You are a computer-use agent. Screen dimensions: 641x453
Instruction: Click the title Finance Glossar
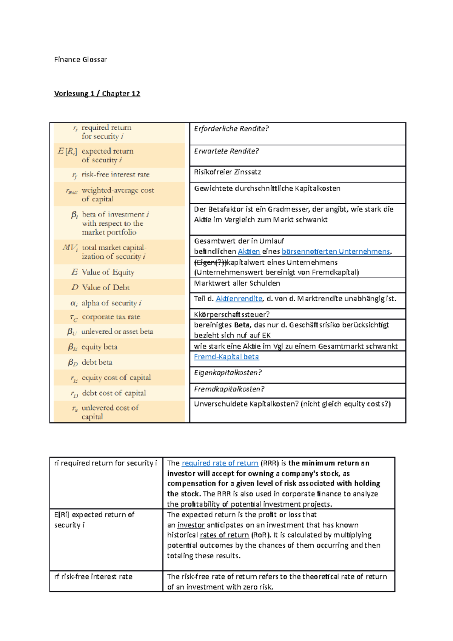(80, 60)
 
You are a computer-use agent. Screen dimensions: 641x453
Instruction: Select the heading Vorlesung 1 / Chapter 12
(97, 94)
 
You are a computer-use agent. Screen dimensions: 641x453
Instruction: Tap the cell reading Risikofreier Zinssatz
(228, 172)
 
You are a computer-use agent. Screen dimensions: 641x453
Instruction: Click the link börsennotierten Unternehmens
(336, 251)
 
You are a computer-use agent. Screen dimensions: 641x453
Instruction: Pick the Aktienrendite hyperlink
(239, 299)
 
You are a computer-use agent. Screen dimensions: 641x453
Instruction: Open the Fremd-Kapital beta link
(226, 357)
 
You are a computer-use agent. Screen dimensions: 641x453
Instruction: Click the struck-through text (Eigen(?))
(210, 262)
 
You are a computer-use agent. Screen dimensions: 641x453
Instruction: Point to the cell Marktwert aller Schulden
(237, 283)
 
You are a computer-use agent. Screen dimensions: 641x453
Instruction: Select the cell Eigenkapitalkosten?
(228, 373)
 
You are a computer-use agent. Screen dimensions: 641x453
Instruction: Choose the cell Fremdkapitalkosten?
(229, 389)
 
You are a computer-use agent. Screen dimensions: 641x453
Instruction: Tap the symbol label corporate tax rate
(111, 317)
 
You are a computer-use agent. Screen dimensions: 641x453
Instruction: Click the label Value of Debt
(106, 287)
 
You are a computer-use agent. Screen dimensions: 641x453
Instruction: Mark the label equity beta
(99, 347)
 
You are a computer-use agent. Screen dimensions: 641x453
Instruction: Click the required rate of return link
(220, 463)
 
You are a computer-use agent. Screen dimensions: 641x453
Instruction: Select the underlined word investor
(191, 525)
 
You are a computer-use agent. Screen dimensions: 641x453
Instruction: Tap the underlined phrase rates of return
(224, 535)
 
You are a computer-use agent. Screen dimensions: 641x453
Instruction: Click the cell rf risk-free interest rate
(93, 576)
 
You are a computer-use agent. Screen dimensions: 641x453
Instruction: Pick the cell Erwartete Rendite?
(226, 151)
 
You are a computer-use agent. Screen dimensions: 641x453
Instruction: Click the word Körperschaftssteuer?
(232, 314)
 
